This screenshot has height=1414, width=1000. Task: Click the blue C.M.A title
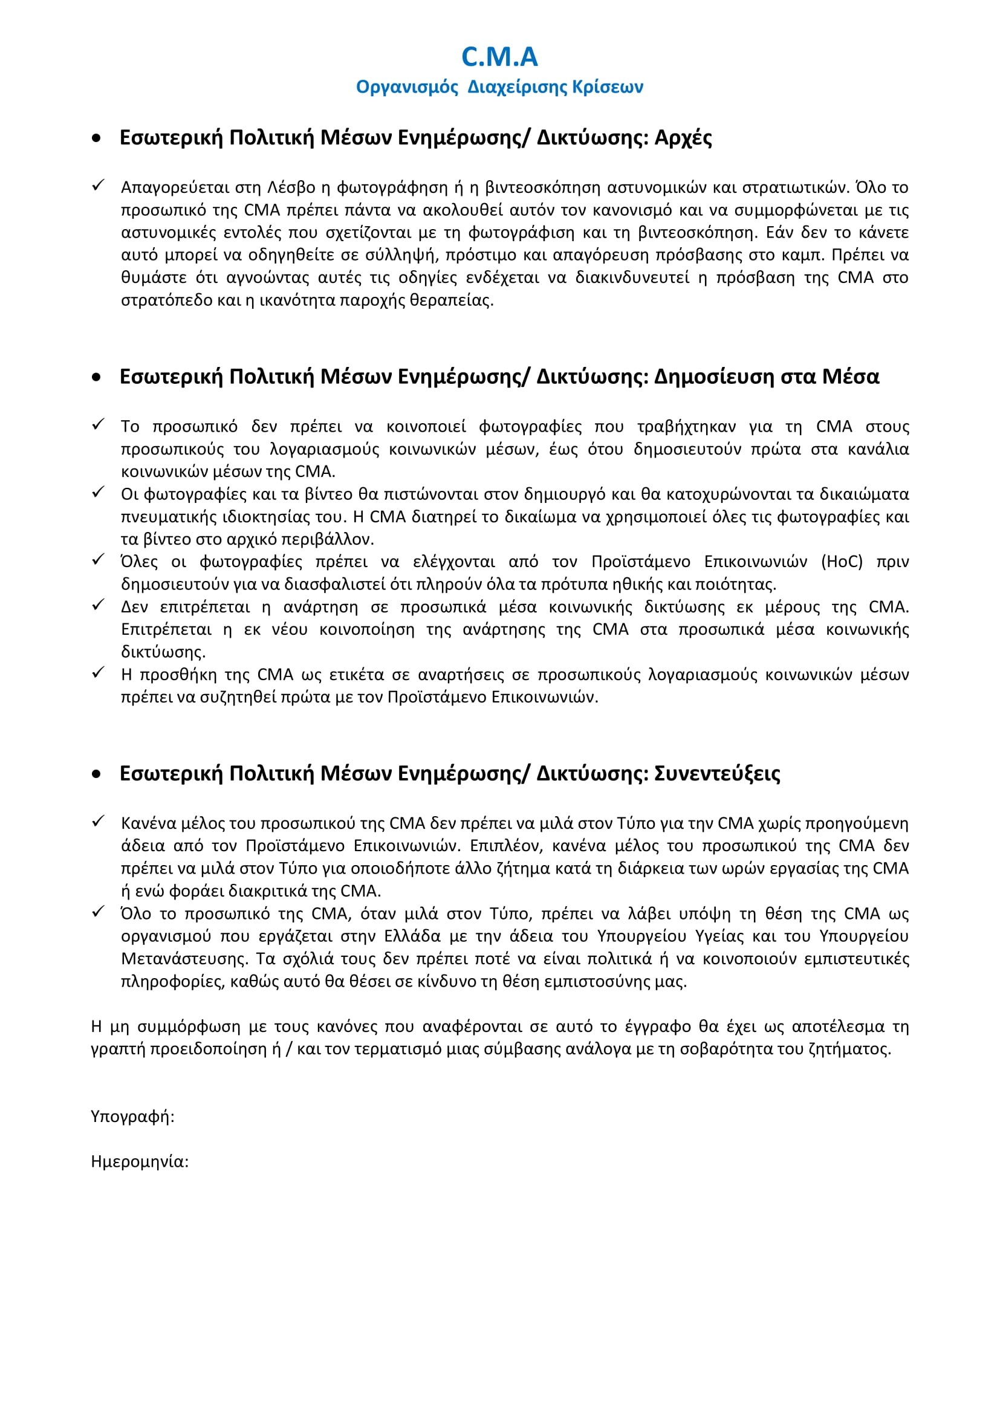(x=499, y=57)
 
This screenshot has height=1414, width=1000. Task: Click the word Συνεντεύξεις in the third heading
(x=717, y=774)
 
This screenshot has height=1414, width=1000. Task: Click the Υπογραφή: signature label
(x=132, y=1117)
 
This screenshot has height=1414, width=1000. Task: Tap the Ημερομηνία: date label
(x=140, y=1161)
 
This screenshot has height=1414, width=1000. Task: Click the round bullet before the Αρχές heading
(x=96, y=138)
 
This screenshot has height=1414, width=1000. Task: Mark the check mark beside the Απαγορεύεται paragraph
(x=98, y=186)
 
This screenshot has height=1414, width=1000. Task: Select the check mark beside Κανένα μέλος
(x=98, y=822)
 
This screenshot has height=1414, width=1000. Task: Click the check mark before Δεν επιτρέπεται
(x=98, y=605)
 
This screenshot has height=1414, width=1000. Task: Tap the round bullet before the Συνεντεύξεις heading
(x=96, y=775)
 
